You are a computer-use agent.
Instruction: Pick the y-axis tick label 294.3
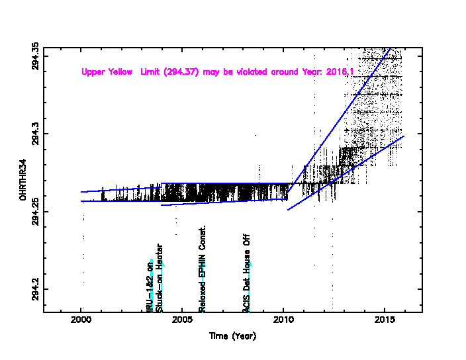(35, 134)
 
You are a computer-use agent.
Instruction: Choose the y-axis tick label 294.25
(35, 211)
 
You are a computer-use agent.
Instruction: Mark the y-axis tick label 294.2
(35, 289)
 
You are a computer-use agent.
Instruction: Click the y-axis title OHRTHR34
(23, 180)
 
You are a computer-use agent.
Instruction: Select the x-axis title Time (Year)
(232, 336)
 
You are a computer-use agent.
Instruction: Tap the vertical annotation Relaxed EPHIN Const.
(203, 268)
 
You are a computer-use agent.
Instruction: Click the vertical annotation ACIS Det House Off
(247, 273)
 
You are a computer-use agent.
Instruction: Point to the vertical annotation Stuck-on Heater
(160, 278)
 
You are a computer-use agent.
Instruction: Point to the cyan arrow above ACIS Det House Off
(250, 266)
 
